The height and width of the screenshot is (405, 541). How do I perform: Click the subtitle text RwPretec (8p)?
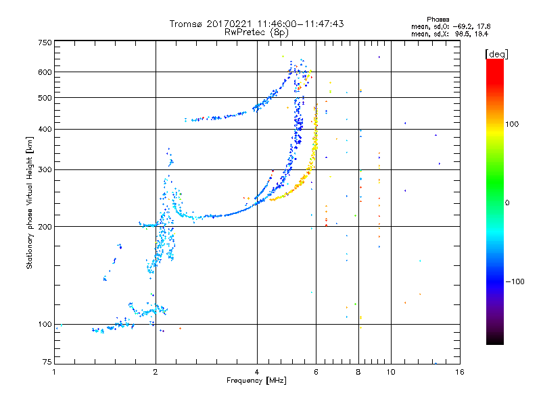coord(256,32)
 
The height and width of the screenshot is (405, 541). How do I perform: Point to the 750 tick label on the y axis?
coord(45,43)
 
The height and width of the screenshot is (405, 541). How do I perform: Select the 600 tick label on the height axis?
coord(45,72)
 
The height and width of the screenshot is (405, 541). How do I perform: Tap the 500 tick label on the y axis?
coord(45,98)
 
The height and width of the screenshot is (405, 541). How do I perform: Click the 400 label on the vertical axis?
coord(45,130)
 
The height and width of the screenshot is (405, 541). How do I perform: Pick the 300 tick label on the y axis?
coord(45,170)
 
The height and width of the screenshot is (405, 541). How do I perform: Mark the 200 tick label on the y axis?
coord(45,227)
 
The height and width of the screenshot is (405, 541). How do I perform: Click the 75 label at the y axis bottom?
coord(47,362)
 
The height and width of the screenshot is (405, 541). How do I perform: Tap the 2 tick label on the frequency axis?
coord(156,372)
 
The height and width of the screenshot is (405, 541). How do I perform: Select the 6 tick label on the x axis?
coord(316,372)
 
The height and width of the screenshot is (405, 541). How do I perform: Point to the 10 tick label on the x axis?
coord(391,372)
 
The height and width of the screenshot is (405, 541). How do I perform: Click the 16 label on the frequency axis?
coord(460,372)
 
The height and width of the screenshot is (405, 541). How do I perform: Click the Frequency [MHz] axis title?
coord(256,381)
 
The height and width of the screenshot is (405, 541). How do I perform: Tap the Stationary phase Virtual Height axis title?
coord(29,203)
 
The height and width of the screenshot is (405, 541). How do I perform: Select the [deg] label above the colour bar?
coord(496,54)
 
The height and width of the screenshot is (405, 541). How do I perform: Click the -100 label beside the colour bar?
coord(515,281)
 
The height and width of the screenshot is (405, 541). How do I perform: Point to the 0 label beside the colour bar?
coord(507,203)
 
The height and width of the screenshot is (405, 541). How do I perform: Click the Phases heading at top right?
coord(438,20)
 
